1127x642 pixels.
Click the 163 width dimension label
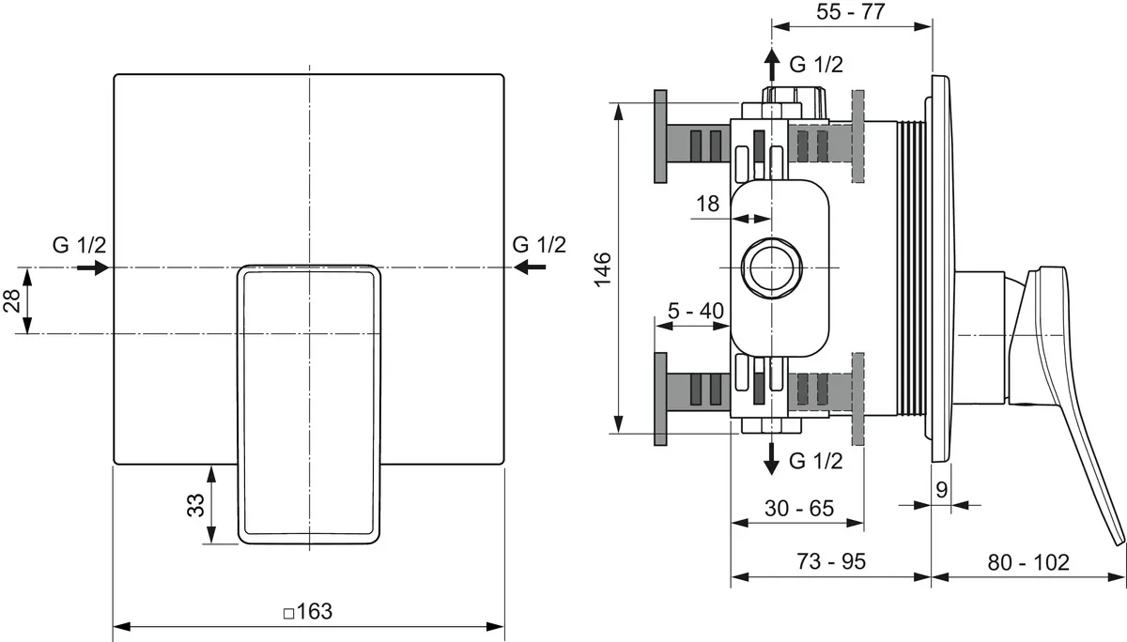point(314,612)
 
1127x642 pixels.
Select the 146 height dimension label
point(603,269)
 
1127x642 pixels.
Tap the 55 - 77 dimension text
point(850,11)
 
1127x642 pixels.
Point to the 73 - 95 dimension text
point(831,561)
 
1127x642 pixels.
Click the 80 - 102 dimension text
point(1028,562)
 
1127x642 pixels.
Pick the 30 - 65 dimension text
point(799,509)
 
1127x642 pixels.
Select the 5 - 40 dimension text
point(696,311)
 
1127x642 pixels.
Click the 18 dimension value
point(707,204)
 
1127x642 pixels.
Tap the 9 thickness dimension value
point(941,489)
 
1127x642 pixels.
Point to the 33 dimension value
point(196,505)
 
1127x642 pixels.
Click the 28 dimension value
point(12,300)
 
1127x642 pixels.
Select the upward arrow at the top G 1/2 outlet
point(771,66)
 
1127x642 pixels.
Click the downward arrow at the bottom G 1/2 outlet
point(771,458)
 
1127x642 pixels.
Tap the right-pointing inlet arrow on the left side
point(93,267)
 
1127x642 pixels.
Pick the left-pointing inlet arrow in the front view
point(530,267)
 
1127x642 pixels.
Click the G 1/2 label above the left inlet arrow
point(80,245)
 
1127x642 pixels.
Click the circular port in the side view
point(771,267)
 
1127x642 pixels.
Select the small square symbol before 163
point(289,614)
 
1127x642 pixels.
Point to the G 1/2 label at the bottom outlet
point(815,461)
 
